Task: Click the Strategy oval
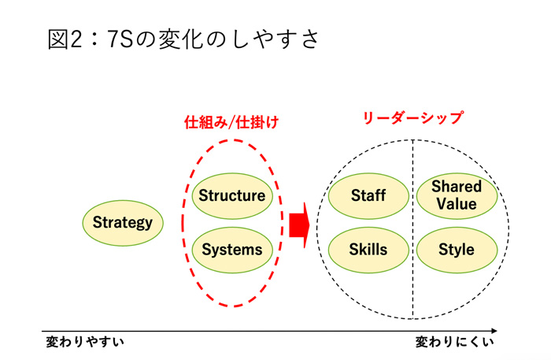click(123, 222)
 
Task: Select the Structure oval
click(231, 195)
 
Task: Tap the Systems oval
click(231, 250)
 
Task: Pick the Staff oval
click(368, 195)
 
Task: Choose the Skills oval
click(368, 250)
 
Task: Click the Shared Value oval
click(457, 195)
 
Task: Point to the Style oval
click(457, 250)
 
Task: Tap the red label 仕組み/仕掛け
click(231, 124)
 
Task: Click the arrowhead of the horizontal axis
click(493, 330)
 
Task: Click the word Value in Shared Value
click(457, 204)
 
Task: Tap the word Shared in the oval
click(457, 187)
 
